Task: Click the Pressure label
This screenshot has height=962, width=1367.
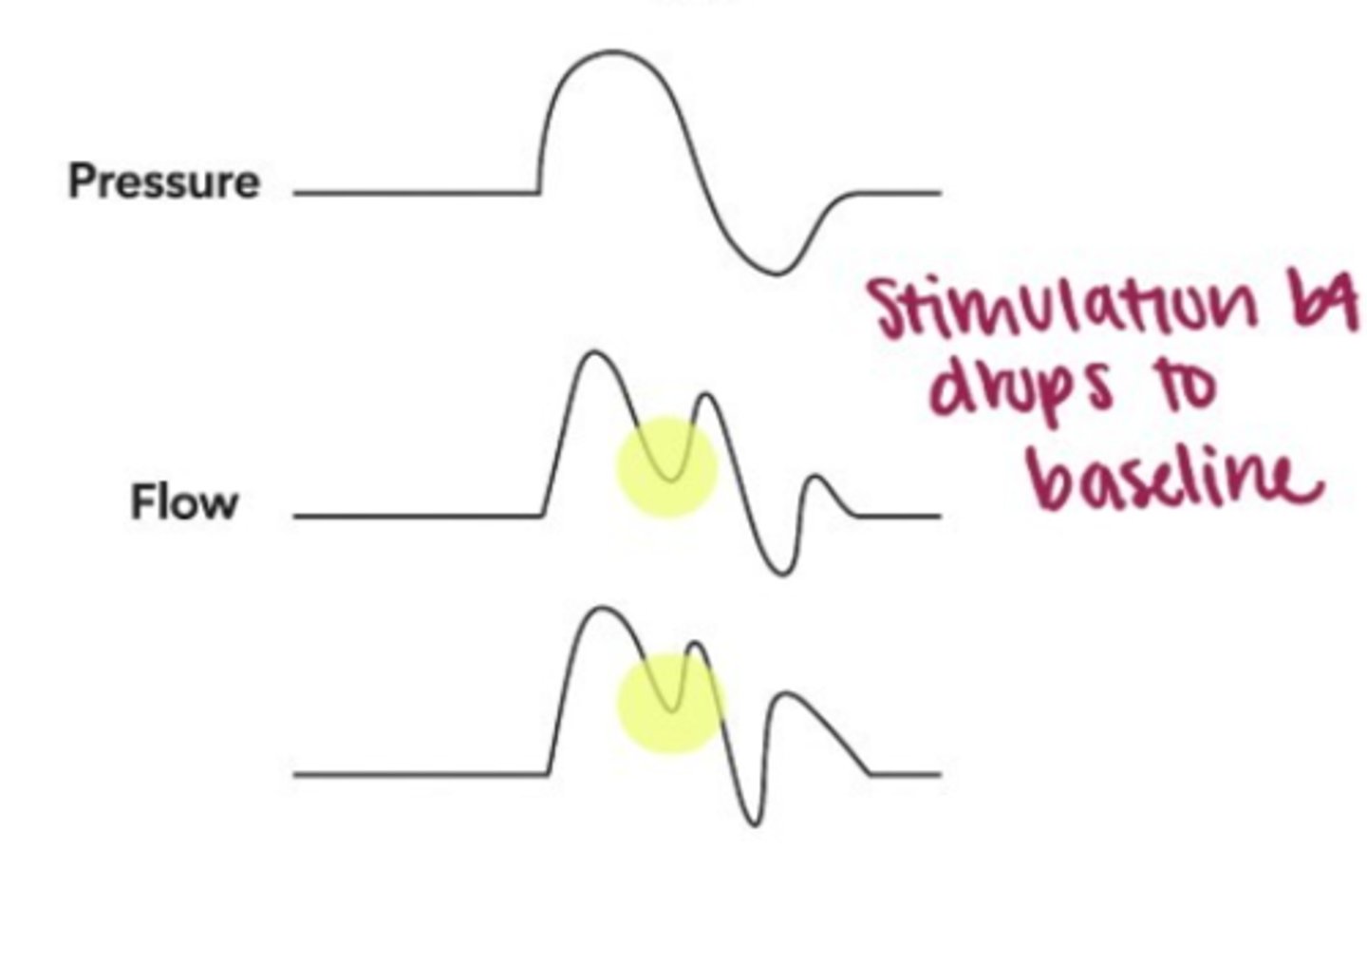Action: pos(163,180)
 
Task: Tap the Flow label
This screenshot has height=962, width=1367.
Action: pos(183,501)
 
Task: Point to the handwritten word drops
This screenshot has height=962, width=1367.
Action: pos(1021,390)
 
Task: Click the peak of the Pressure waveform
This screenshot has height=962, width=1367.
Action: pos(612,53)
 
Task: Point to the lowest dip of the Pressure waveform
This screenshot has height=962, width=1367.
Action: pos(777,273)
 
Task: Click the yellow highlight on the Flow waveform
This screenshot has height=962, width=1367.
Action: pos(667,466)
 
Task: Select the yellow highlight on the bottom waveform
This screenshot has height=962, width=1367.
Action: pos(670,704)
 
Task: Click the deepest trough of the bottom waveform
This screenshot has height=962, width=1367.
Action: pos(754,823)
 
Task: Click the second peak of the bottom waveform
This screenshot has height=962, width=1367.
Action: pos(699,645)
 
